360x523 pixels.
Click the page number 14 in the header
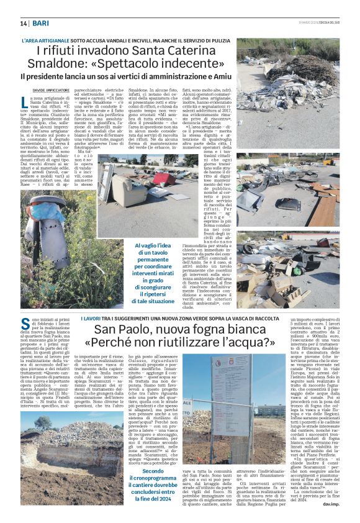(x=24, y=23)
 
